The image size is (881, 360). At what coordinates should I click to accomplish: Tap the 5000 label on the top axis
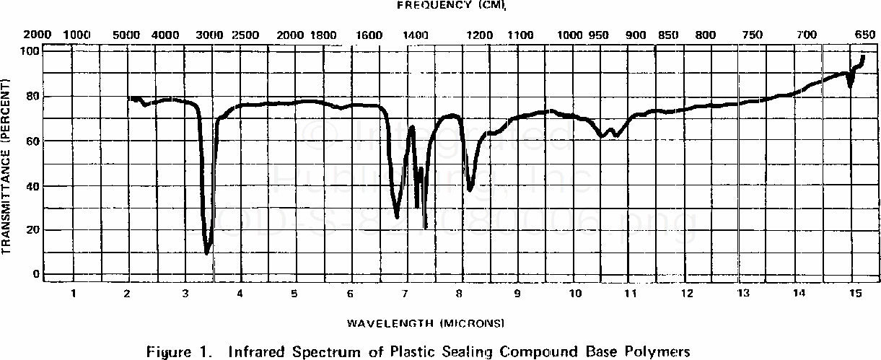pos(127,35)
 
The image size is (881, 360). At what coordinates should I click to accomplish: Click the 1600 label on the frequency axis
pos(369,35)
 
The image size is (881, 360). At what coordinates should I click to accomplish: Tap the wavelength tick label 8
pos(459,293)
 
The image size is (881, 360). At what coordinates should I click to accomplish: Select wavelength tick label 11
pos(630,293)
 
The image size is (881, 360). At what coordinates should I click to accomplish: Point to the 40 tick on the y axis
pos(31,185)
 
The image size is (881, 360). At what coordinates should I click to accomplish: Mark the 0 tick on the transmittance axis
pos(34,275)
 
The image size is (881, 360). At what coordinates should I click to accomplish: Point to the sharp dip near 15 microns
pos(851,86)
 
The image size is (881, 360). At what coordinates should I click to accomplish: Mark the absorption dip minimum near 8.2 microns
pos(470,190)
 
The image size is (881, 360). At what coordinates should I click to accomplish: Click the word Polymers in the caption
pos(658,352)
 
